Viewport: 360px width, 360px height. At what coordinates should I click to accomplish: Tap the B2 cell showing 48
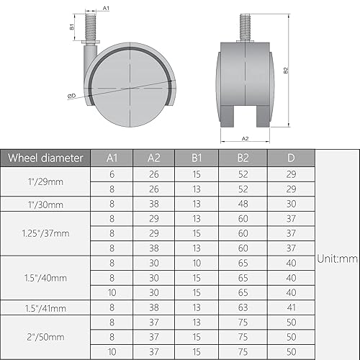coord(245,204)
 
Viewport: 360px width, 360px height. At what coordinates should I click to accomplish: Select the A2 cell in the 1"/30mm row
coord(154,204)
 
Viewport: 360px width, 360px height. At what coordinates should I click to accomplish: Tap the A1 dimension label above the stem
coord(106,7)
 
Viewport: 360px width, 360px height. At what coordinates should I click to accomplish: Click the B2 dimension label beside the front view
coord(287,71)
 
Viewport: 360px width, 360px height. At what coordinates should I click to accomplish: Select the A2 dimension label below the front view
coord(245,138)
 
